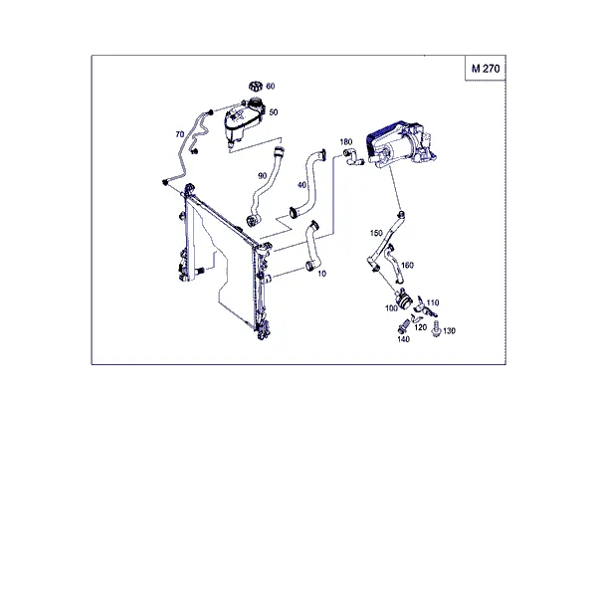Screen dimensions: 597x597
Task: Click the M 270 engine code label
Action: click(x=486, y=69)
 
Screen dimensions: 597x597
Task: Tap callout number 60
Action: click(x=271, y=87)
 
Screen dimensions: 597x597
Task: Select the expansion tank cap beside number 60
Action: click(x=256, y=86)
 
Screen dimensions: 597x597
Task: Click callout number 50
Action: click(x=274, y=112)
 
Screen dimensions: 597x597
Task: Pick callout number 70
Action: click(x=180, y=134)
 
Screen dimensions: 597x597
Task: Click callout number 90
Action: click(x=263, y=176)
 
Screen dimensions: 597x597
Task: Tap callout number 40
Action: click(x=301, y=185)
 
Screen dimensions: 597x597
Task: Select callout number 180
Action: click(x=345, y=142)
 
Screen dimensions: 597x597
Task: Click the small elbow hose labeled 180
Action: click(x=353, y=157)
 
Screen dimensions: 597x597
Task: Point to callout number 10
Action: click(x=321, y=274)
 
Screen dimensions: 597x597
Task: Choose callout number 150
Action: click(x=376, y=233)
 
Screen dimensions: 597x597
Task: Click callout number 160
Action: click(x=407, y=265)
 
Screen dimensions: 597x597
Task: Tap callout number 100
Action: click(x=391, y=308)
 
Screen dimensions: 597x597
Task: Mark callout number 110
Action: click(x=433, y=302)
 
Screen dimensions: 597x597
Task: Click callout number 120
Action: click(x=420, y=327)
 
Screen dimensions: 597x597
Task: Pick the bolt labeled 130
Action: click(x=437, y=328)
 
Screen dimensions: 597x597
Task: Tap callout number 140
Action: click(x=404, y=339)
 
